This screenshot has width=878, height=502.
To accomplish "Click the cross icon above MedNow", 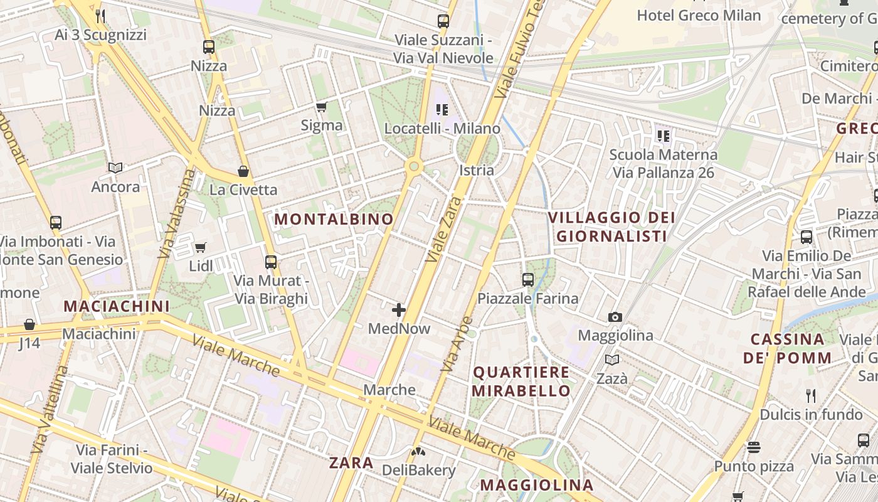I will point(399,309).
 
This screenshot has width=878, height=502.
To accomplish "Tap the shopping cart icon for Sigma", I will point(322,107).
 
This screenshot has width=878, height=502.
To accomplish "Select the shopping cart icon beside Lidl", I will point(200,248).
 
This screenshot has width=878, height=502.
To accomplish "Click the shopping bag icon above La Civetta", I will point(243,171).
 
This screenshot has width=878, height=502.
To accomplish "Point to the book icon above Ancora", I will point(115,168).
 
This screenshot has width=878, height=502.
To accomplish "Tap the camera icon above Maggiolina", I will point(615,317).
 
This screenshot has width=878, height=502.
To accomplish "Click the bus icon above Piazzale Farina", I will point(528,280).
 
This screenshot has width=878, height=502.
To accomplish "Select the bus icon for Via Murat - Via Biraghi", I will point(271,262).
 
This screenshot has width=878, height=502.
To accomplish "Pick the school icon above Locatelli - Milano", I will point(442,110).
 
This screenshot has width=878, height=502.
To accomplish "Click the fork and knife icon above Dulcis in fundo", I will point(811,395).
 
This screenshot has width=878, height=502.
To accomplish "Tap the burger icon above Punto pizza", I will point(754,447).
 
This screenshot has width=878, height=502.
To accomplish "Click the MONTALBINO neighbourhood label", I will point(334,219).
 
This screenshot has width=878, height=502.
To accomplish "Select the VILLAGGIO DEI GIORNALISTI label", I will point(611,227).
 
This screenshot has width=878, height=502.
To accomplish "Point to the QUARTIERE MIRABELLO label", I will point(521,381).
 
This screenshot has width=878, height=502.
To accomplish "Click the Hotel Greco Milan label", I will point(699,15).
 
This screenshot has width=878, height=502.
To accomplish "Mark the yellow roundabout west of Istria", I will point(413,166).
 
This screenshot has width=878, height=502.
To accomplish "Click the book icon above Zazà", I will point(611,360).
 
